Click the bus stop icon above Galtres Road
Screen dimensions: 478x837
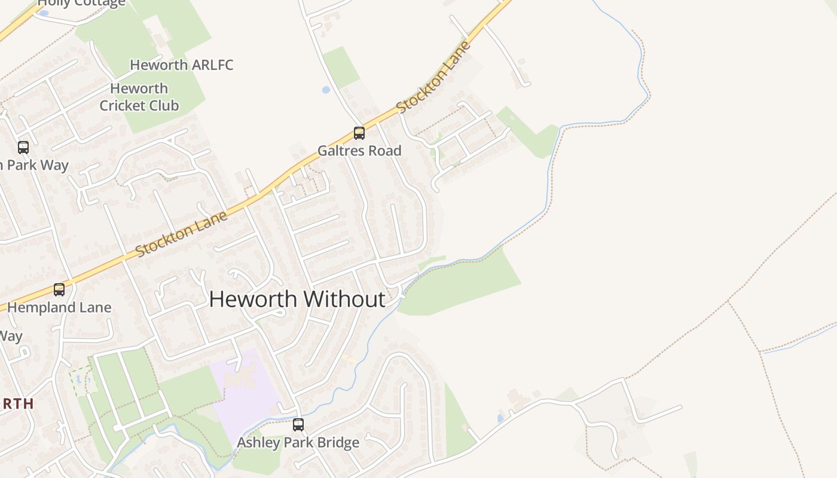click(x=359, y=133)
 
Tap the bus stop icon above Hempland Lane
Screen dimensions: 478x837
click(x=59, y=290)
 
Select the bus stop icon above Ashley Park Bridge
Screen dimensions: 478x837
click(x=298, y=425)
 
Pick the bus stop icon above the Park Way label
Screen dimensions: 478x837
click(x=23, y=147)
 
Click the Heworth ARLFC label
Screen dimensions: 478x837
click(x=181, y=65)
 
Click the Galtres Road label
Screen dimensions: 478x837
click(x=359, y=151)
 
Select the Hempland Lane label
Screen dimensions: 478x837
click(x=59, y=308)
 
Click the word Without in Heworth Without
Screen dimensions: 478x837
click(x=344, y=299)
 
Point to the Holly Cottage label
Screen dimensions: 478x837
click(x=81, y=3)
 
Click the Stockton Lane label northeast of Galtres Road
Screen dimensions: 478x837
click(x=433, y=77)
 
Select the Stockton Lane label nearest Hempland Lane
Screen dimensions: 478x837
click(x=182, y=232)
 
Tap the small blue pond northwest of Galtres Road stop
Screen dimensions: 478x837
click(x=326, y=90)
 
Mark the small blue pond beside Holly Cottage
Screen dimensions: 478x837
click(x=43, y=13)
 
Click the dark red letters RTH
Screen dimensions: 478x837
click(x=17, y=404)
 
